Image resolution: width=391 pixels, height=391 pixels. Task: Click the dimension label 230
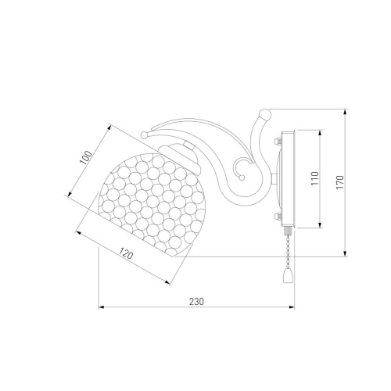pyautogui.click(x=196, y=302)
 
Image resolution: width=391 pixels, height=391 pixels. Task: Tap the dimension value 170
pyautogui.click(x=340, y=182)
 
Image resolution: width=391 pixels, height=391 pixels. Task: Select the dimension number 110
pyautogui.click(x=315, y=178)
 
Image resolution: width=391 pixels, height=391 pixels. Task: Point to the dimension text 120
pyautogui.click(x=126, y=253)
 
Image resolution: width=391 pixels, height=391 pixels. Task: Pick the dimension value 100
pyautogui.click(x=86, y=158)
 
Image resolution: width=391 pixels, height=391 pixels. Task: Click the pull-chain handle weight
pyautogui.click(x=287, y=276)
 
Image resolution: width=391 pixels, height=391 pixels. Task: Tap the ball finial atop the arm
pyautogui.click(x=265, y=114)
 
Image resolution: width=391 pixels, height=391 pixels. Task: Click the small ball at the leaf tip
pyautogui.click(x=144, y=135)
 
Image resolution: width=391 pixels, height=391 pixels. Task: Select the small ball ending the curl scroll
pyautogui.click(x=242, y=178)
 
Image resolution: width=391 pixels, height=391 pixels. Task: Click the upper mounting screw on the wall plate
pyautogui.click(x=277, y=142)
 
